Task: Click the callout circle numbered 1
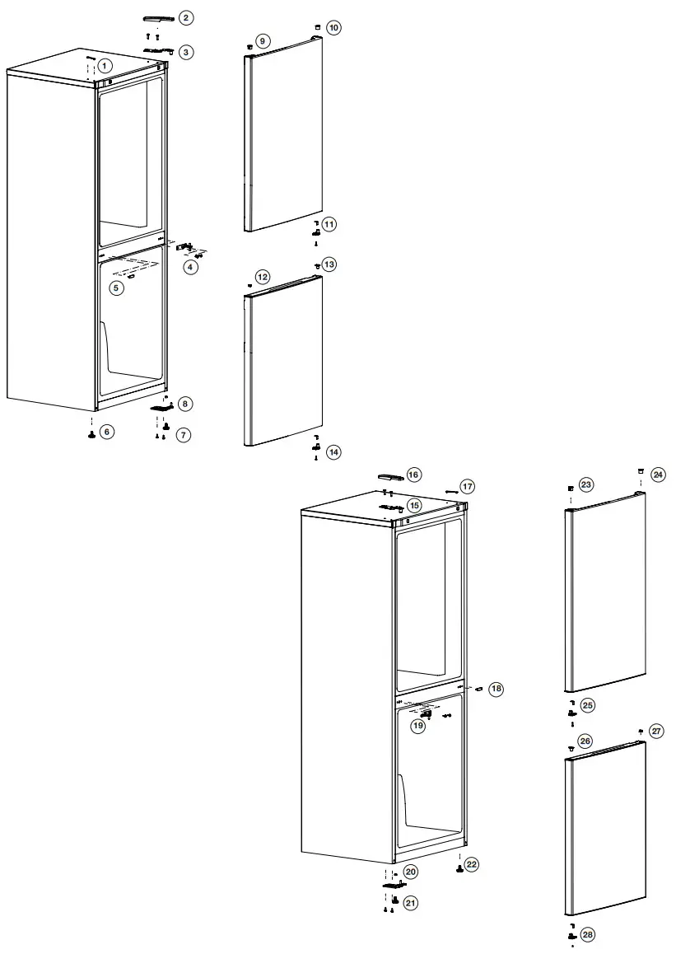tap(105, 64)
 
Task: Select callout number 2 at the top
tap(187, 17)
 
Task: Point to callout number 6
tap(107, 432)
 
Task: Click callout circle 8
tap(186, 404)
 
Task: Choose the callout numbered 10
tap(333, 28)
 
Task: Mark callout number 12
tap(262, 277)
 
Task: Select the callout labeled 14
tap(333, 451)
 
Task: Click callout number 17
tap(467, 486)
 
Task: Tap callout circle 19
tap(418, 726)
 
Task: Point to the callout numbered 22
tap(471, 864)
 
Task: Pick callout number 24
tap(658, 475)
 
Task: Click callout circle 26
tap(585, 741)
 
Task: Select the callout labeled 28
tap(587, 934)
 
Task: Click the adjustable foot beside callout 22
tap(459, 870)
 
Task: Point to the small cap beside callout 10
tap(316, 27)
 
